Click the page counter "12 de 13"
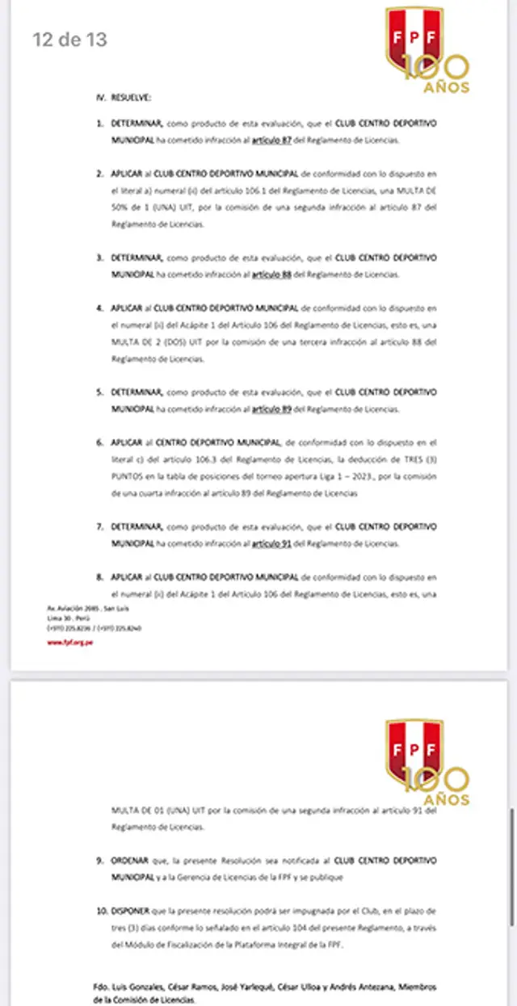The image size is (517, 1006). [69, 39]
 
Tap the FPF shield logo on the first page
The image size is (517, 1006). [414, 39]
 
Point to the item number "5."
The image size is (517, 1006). [101, 392]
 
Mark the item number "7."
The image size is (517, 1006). [101, 526]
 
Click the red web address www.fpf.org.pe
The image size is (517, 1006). [69, 643]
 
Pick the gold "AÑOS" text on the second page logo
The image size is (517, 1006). [447, 799]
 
